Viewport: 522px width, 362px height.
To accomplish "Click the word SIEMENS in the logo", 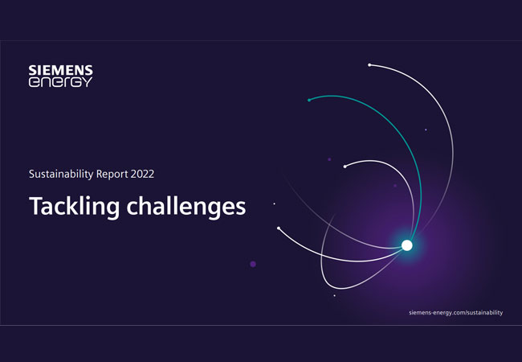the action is tap(60, 70).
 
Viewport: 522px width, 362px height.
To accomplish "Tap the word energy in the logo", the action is tap(60, 82).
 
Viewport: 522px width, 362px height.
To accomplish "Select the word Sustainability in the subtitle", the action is tap(61, 174).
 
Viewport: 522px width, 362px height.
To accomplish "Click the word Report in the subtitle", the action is tap(112, 174).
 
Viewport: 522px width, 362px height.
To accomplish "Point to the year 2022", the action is tap(142, 174).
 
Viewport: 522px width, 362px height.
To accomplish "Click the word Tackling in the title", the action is tap(74, 206).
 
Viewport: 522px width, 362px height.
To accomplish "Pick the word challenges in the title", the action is tap(186, 206).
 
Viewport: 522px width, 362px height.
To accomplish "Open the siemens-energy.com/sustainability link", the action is tap(456, 312).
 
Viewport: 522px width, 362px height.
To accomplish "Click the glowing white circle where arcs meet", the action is tap(407, 245).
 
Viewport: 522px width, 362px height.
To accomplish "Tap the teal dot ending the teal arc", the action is tap(309, 100).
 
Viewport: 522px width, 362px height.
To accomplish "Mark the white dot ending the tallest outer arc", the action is tap(369, 65).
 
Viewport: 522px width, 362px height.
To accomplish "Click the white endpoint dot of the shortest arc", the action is tap(345, 167).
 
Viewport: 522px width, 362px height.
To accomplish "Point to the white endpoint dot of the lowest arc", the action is tap(279, 228).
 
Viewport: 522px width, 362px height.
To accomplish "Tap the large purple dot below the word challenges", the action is tap(253, 264).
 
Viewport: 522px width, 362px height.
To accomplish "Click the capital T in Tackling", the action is tap(36, 205).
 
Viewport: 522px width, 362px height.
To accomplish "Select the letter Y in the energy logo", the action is tap(88, 82).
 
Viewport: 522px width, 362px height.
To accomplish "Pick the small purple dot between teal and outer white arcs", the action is tap(426, 130).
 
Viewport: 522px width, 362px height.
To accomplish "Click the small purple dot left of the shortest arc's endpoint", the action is tap(329, 159).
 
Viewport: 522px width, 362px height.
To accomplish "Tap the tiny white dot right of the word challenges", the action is tap(275, 204).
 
